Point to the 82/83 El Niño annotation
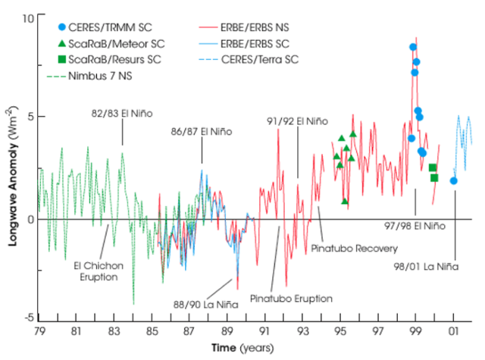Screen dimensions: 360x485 pos(122,113)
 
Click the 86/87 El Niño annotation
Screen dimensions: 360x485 pos(201,131)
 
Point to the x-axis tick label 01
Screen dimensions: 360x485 pos(453,331)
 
